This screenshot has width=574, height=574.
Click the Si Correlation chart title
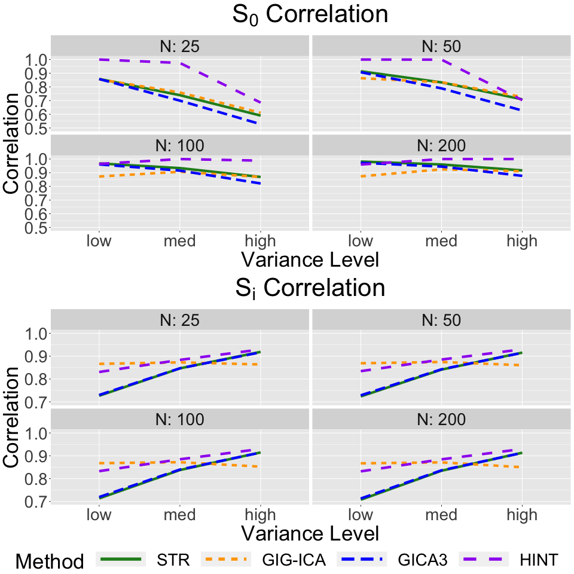(310, 288)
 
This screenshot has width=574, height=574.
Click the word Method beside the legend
(50, 561)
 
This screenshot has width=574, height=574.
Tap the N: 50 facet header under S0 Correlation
(441, 46)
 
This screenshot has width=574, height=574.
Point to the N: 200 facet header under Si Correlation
(441, 419)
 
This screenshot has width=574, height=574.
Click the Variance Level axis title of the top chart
(310, 260)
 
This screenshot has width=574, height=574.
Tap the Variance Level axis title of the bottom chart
(310, 532)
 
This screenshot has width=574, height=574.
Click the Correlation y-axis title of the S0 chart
(13, 143)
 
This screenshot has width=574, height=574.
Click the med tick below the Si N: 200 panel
(441, 514)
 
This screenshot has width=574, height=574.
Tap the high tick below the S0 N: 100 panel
(261, 241)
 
